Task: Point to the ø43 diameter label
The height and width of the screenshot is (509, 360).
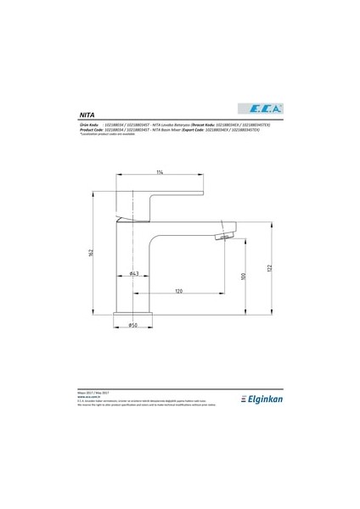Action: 134,274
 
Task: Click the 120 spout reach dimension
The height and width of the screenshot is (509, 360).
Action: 179,291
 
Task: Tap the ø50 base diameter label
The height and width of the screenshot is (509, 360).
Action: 133,325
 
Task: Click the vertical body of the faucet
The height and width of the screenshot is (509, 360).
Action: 133,263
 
